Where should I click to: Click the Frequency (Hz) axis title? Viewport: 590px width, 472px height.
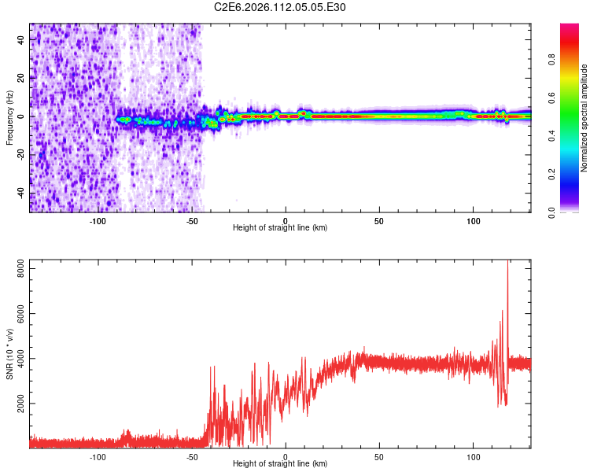pyautogui.click(x=9, y=116)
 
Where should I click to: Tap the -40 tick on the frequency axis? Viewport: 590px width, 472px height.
pyautogui.click(x=21, y=193)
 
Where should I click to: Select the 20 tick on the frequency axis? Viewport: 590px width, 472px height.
pyautogui.click(x=21, y=78)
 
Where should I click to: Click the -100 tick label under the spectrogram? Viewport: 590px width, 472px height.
pyautogui.click(x=98, y=221)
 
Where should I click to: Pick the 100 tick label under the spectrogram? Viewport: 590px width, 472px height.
pyautogui.click(x=474, y=221)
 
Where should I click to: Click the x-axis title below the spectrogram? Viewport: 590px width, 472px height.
pyautogui.click(x=280, y=228)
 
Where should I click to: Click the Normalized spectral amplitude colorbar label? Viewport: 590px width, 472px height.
pyautogui.click(x=584, y=118)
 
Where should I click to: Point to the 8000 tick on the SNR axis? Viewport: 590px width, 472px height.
pyautogui.click(x=18, y=269)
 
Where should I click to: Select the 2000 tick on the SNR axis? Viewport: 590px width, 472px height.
pyautogui.click(x=18, y=404)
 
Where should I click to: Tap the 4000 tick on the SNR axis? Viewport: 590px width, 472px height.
pyautogui.click(x=18, y=359)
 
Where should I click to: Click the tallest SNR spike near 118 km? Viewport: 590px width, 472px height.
pyautogui.click(x=507, y=264)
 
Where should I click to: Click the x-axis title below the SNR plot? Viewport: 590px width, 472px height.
pyautogui.click(x=280, y=464)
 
